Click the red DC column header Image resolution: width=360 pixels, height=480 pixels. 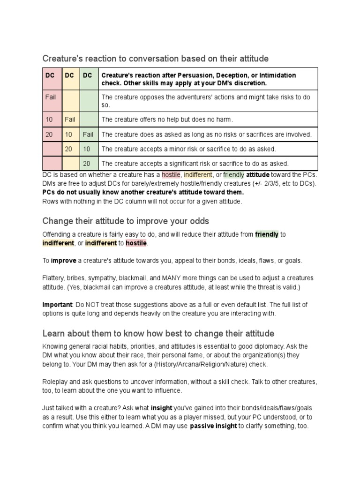[50, 75]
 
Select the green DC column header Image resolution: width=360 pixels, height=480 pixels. [88, 75]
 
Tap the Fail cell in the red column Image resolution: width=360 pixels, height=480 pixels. [51, 97]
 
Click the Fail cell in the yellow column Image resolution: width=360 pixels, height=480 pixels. [70, 120]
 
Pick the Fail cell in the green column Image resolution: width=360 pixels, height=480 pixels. [88, 135]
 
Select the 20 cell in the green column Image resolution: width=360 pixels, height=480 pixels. [87, 164]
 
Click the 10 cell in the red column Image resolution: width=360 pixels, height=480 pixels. [49, 120]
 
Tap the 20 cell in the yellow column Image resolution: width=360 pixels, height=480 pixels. [68, 149]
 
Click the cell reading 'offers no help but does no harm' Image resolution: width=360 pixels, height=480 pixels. [167, 120]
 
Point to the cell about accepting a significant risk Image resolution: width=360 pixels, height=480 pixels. [195, 164]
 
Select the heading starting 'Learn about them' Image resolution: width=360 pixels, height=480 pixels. [158, 333]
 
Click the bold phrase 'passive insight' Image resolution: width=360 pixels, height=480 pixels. [213, 427]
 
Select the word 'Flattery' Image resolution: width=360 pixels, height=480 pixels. [53, 278]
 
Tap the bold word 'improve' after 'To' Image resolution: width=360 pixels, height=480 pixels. [63, 260]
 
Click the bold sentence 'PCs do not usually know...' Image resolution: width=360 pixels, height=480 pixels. [143, 192]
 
